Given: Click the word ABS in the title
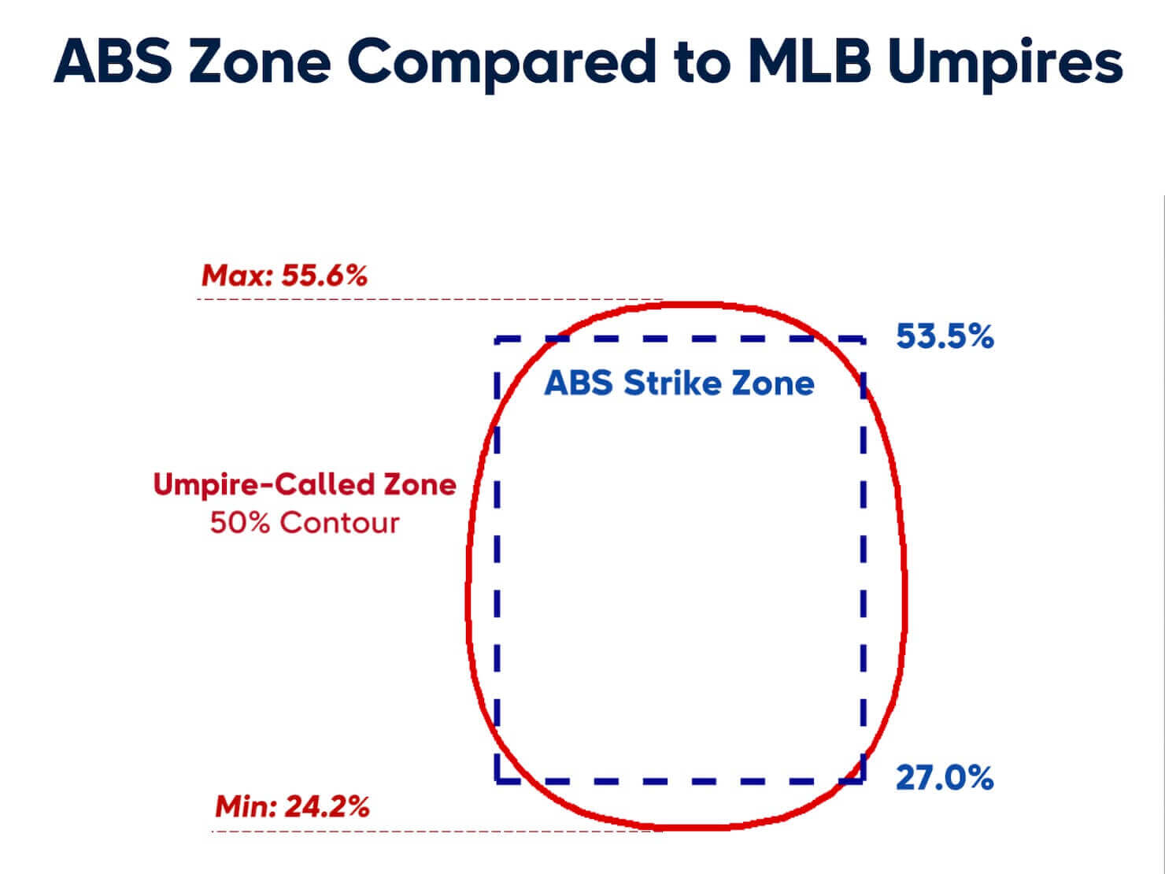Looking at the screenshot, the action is click(x=113, y=61).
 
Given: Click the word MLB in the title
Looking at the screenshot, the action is click(x=810, y=61).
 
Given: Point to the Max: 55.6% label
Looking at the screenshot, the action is click(x=284, y=276).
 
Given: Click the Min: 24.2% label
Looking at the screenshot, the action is click(x=292, y=806).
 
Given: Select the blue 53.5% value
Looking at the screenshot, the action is click(x=945, y=336).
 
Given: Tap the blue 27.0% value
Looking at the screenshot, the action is click(x=945, y=779).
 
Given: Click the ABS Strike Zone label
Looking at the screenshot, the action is click(x=679, y=383).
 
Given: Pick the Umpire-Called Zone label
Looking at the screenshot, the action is click(x=305, y=484).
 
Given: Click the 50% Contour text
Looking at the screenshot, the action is click(x=305, y=523).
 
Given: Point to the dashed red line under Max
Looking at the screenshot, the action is click(x=430, y=299).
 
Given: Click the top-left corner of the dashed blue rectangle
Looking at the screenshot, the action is click(x=497, y=339).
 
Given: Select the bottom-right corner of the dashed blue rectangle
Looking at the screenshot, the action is click(x=863, y=781).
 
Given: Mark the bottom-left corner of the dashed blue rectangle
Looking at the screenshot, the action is click(x=497, y=781).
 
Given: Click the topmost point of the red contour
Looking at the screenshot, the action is click(x=706, y=306).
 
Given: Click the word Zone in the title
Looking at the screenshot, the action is click(x=260, y=61).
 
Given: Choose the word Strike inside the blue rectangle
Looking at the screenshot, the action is click(x=673, y=383).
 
